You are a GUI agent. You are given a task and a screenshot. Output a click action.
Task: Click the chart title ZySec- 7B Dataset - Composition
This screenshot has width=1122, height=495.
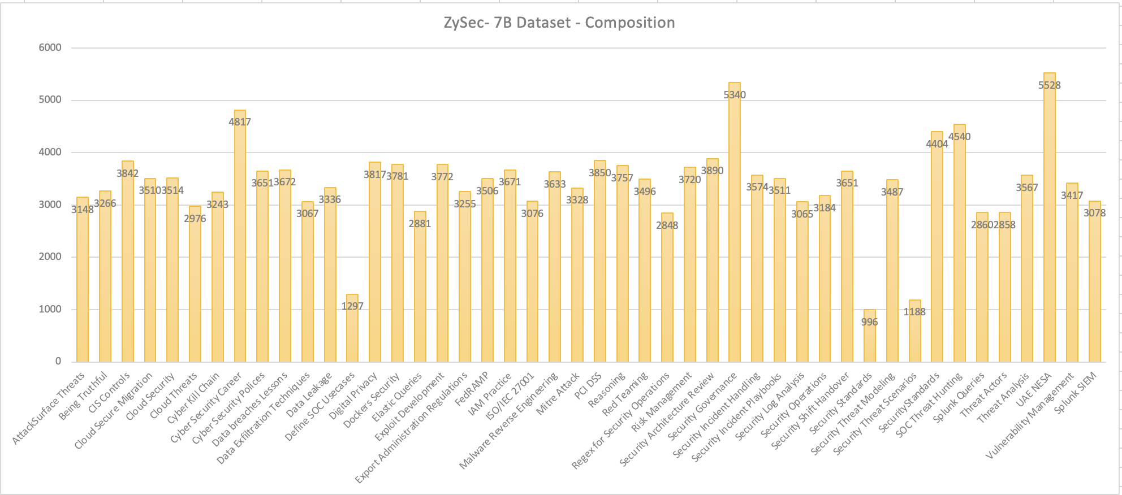559,23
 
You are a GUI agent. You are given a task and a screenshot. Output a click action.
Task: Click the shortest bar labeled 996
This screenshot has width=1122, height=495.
869,345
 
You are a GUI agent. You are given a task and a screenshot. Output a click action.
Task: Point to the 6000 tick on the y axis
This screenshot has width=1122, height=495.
50,47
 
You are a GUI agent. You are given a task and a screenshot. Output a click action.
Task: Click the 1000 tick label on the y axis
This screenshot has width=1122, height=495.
50,309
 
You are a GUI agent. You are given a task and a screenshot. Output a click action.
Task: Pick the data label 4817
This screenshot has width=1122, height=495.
240,121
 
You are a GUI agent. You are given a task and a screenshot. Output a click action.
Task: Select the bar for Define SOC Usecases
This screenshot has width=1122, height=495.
352,333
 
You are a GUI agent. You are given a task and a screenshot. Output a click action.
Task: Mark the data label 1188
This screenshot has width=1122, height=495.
914,312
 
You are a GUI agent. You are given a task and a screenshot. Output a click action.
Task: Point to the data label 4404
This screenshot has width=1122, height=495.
937,144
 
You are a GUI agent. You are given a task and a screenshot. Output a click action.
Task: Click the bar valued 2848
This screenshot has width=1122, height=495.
667,294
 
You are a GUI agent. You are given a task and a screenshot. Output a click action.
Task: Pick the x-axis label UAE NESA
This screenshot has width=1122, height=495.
1034,389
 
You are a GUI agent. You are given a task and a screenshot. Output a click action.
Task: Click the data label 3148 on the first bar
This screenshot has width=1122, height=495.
83,210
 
